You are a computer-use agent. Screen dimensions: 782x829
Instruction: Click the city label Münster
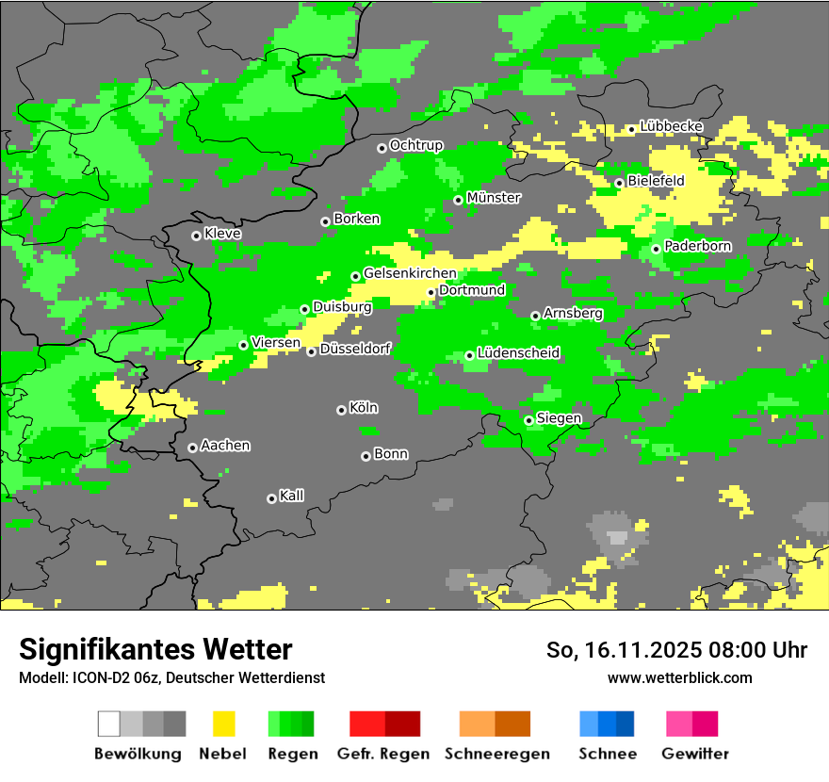coord(494,198)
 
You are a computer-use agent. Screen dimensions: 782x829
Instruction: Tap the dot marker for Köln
coord(341,410)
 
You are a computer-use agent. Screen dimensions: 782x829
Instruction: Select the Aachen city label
coord(225,446)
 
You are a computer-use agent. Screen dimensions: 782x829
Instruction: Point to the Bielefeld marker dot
coord(619,183)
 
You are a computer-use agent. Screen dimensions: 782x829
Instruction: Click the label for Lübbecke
coord(671,126)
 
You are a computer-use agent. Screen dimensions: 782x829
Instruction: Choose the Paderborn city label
coord(697,247)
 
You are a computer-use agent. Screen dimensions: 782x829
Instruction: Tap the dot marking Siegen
coord(528,420)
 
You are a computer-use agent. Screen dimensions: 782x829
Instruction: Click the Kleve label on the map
coord(222,234)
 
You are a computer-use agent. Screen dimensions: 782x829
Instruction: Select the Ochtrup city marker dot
coord(382,148)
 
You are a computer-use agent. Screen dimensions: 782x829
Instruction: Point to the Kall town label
coord(291,496)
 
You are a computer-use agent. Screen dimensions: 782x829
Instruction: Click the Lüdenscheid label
coord(518,353)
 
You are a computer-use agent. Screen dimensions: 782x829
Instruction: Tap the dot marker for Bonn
coord(366,456)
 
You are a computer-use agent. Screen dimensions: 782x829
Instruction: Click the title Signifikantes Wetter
coord(155,649)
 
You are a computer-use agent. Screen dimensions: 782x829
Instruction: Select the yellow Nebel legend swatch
coord(223,724)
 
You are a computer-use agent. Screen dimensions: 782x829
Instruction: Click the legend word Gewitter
coord(695,754)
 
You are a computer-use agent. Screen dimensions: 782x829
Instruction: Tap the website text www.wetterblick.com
coord(679,677)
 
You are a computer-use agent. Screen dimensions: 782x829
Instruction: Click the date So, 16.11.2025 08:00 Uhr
coord(676,650)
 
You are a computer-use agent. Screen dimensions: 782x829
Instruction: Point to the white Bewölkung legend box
coord(108,724)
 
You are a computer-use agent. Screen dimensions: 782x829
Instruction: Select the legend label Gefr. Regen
coord(382,754)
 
